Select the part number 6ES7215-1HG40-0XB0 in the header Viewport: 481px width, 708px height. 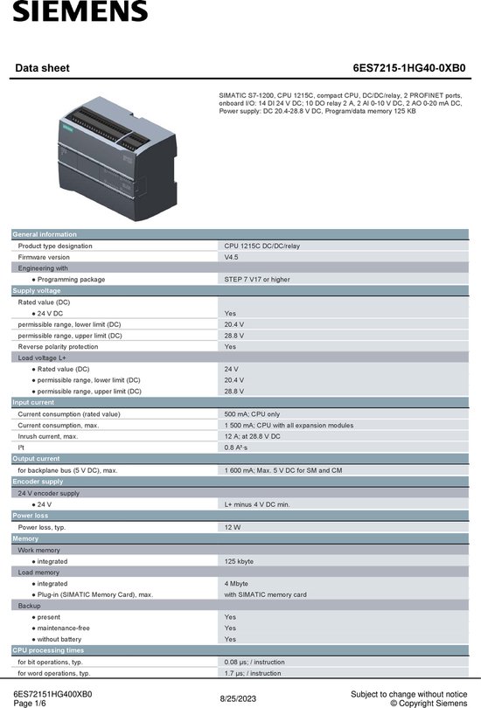pyautogui.click(x=409, y=66)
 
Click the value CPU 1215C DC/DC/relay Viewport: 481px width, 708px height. pyautogui.click(x=261, y=246)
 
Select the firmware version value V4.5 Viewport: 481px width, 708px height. pyautogui.click(x=231, y=257)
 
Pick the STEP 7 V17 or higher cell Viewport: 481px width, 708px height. pyautogui.click(x=256, y=279)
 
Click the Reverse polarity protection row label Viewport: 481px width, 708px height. pyautogui.click(x=58, y=346)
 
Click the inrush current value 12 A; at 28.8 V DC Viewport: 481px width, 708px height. pyautogui.click(x=252, y=435)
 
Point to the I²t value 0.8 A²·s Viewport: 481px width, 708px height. pyautogui.click(x=236, y=447)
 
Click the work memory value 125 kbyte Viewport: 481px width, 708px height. pyautogui.click(x=239, y=561)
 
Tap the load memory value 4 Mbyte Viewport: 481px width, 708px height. pyautogui.click(x=237, y=583)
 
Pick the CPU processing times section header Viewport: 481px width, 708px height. pyautogui.click(x=48, y=650)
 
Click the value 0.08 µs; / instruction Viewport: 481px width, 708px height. pyautogui.click(x=254, y=662)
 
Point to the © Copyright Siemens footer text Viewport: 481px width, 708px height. pyautogui.click(x=428, y=702)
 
